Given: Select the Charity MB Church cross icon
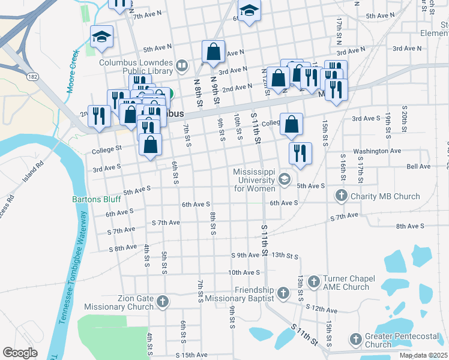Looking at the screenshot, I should click(x=342, y=196).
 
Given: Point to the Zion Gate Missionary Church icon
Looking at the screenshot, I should click(x=163, y=302).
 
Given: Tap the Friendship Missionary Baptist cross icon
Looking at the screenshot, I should click(x=284, y=293).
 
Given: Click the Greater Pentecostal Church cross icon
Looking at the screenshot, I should click(x=355, y=340).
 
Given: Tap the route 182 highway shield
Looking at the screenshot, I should click(x=33, y=77).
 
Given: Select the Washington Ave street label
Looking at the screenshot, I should click(x=376, y=151).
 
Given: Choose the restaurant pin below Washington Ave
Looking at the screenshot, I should click(x=300, y=152).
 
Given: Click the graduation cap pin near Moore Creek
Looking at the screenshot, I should click(x=101, y=37).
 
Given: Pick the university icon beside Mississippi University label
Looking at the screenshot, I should click(x=283, y=179).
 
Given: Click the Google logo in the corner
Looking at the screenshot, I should click(x=20, y=353).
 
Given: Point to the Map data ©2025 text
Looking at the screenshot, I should click(x=423, y=355).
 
